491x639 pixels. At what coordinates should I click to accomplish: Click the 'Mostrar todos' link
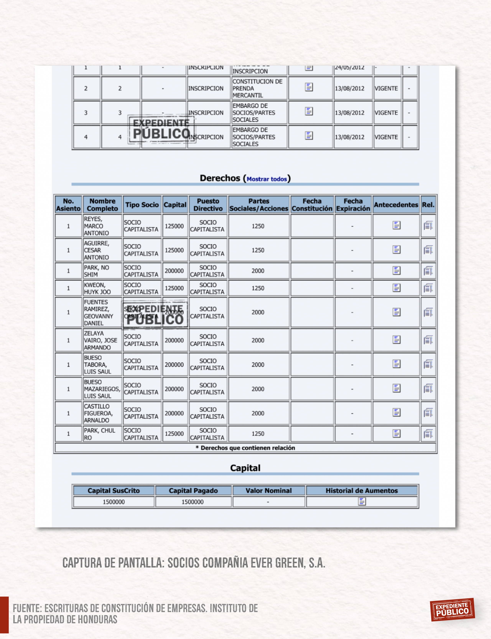[x=267, y=179]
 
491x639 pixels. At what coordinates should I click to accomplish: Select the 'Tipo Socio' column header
[x=142, y=205]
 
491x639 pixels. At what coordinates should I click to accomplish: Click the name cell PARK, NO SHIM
[x=96, y=271]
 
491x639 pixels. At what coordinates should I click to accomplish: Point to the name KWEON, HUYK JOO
[x=97, y=288]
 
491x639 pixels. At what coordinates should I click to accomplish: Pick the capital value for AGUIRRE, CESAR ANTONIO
[x=174, y=250]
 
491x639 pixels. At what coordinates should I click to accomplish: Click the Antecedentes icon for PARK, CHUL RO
[x=396, y=433]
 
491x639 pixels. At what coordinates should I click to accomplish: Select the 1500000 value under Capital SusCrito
[x=114, y=502]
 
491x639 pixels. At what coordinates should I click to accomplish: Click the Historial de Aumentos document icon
[x=362, y=502]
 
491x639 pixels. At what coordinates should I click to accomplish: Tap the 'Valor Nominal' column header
[x=269, y=490]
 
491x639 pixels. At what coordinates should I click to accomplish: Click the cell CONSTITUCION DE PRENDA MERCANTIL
[x=257, y=88]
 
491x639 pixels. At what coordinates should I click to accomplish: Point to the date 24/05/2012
[x=349, y=68]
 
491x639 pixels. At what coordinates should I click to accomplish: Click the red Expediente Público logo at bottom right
[x=452, y=610]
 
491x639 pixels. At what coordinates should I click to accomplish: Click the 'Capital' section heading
[x=245, y=468]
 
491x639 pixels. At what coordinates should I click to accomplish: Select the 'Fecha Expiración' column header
[x=353, y=205]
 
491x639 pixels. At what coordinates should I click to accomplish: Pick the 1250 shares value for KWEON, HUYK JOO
[x=258, y=288]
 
